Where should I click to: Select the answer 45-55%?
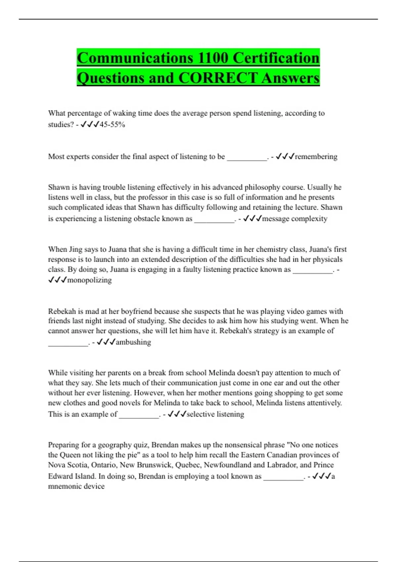point(112,125)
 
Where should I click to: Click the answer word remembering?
point(316,156)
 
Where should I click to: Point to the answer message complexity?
point(294,219)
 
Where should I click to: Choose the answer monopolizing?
point(89,280)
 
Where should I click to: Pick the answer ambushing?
point(133,342)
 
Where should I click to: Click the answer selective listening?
point(215,414)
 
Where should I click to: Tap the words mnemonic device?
point(76,486)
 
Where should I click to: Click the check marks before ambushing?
point(106,342)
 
